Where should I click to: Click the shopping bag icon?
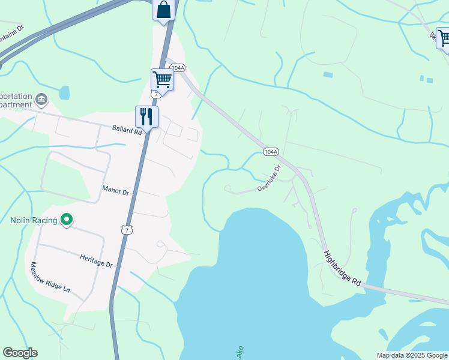point(163,10)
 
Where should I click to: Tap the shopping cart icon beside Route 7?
point(162,79)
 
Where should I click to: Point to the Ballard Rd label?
point(126,128)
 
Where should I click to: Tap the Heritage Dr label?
point(97,260)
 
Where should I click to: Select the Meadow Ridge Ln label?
point(50,277)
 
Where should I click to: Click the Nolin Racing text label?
point(33,220)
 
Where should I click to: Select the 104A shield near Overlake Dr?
point(271,152)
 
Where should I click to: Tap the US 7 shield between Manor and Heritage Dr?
point(125,230)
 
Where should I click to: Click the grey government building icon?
point(41,98)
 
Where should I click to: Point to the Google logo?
point(20,353)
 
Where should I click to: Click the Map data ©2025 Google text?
point(411,355)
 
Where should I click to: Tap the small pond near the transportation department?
point(64,93)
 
